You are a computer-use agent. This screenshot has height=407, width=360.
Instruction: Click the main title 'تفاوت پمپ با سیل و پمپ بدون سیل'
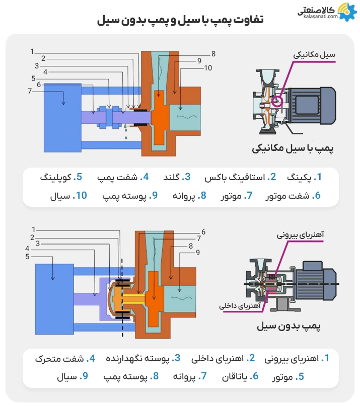(x=179, y=21)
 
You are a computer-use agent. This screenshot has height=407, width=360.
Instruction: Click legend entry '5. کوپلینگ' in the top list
(x=60, y=178)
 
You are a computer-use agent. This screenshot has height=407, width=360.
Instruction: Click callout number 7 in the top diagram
(x=30, y=91)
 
